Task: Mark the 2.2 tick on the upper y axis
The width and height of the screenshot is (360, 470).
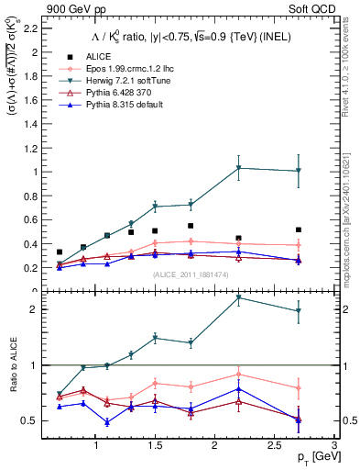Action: point(38,28)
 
